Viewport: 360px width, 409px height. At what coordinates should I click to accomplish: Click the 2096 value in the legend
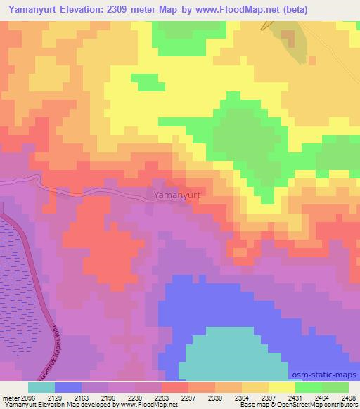tap(23, 397)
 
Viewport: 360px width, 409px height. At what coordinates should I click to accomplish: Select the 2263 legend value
tap(162, 397)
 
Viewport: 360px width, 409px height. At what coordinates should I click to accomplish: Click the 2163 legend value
tap(91, 397)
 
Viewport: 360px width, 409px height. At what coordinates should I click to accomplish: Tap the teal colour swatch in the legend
tap(41, 387)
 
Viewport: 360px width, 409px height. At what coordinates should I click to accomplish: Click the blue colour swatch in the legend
tap(67, 387)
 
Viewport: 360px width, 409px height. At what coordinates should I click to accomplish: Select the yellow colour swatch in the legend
tap(281, 387)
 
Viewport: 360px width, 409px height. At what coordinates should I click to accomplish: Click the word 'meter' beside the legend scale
tap(8, 397)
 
